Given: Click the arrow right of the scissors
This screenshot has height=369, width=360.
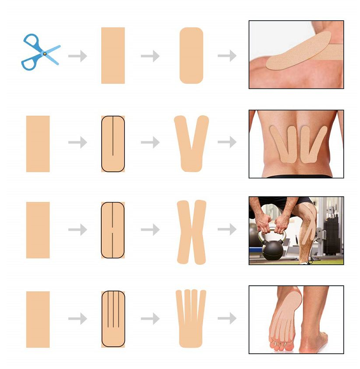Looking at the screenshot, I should point(78,56).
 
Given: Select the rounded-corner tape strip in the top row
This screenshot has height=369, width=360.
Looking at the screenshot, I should point(191,56).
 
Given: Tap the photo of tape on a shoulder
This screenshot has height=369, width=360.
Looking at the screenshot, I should point(296,55).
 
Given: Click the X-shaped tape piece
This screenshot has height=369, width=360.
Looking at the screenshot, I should point(191,232).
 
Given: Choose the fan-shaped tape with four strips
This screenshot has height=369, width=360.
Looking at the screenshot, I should point(191,318).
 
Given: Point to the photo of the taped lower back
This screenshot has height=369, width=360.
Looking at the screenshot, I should point(296,144).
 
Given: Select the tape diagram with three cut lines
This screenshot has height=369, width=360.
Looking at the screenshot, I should point(113,319).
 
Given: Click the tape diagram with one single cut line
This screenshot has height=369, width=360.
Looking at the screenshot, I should point(113,144).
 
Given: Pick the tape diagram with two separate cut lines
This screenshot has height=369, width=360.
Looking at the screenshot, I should point(113,230).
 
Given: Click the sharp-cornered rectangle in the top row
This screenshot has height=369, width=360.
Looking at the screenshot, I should point(113,56).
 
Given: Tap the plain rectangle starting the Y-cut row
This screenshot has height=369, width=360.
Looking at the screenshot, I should point(38,144).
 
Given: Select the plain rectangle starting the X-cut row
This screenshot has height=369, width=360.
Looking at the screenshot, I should point(38,230).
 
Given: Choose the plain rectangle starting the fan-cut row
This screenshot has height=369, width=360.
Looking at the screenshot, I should point(38,319).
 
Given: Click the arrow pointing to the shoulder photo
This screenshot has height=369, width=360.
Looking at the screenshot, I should point(227,56).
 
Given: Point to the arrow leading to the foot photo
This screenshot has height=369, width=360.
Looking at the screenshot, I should point(227,319).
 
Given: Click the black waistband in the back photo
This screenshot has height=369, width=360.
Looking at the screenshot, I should point(296,176).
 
